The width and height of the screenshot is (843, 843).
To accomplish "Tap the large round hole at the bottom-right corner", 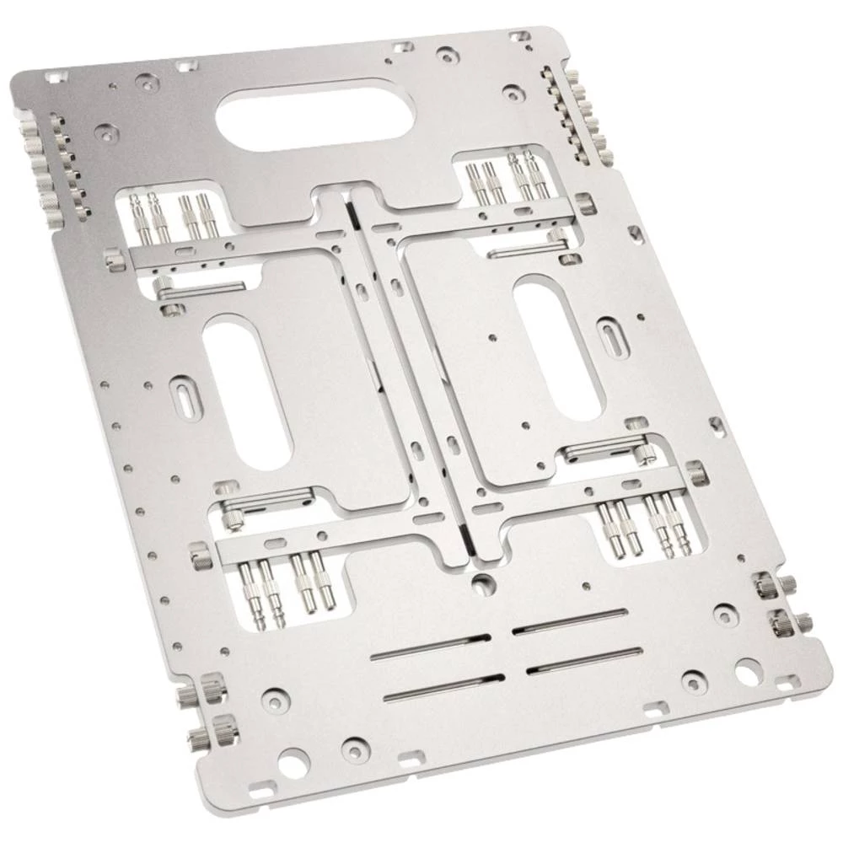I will (x=748, y=672).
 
